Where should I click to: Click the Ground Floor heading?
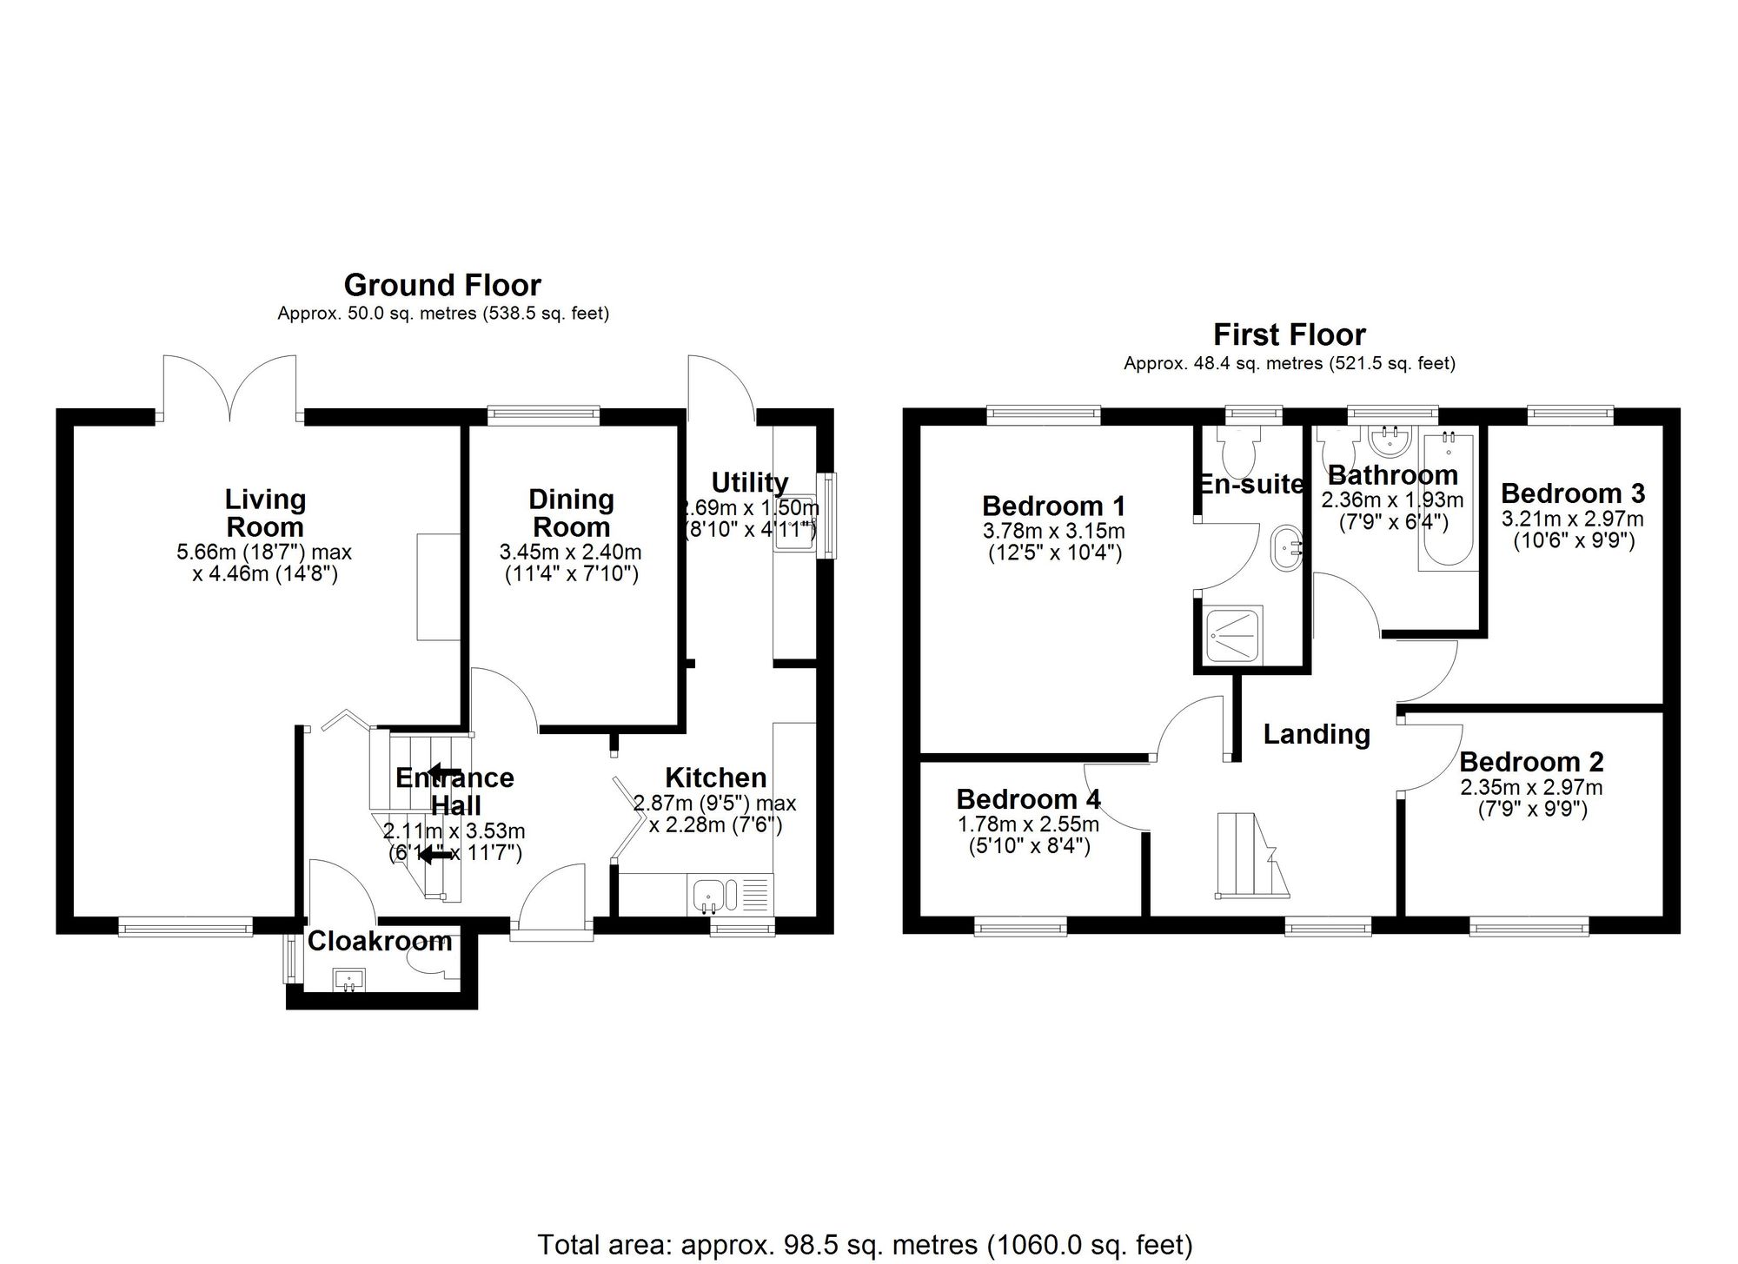(x=442, y=285)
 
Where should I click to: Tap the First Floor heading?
(x=1289, y=334)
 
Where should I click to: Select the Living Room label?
(x=264, y=513)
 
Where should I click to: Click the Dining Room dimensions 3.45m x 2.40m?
(x=570, y=552)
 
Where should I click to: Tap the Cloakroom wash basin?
(x=349, y=980)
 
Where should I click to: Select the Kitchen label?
(x=715, y=778)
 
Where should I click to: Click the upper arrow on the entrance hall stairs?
(x=444, y=771)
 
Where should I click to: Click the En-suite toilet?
(x=1237, y=449)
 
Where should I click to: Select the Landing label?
(x=1316, y=735)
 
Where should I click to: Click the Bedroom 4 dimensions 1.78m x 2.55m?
(x=1028, y=823)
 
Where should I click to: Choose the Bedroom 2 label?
(x=1530, y=762)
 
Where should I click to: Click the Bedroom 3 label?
(x=1572, y=493)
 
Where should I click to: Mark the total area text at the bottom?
(x=865, y=1245)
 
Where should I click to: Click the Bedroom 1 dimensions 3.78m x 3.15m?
(x=1053, y=530)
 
